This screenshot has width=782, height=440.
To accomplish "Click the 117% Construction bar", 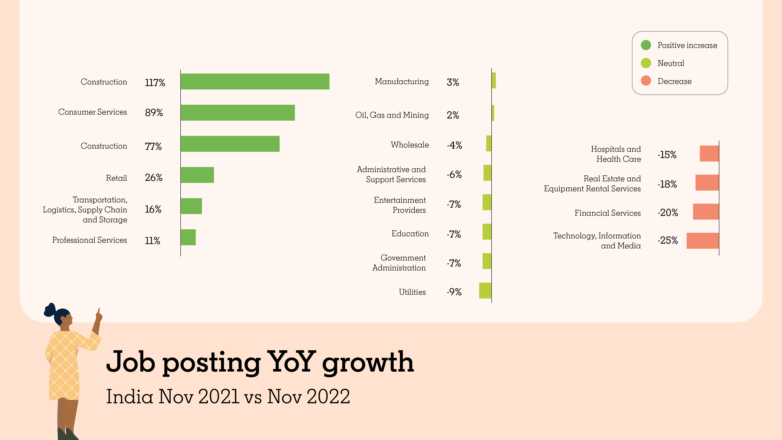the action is (255, 81).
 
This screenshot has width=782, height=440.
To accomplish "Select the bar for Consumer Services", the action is (238, 113).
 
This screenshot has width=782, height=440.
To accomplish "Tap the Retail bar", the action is (197, 175).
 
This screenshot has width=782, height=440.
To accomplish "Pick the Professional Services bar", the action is (188, 237).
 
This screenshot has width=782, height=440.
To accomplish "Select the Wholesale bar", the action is (489, 143).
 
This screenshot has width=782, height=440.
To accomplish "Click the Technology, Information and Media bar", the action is (703, 241).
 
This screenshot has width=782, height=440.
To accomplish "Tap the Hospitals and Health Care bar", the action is (709, 153).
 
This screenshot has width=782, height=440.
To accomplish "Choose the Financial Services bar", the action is (706, 212).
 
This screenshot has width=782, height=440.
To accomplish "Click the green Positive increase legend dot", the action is (646, 45).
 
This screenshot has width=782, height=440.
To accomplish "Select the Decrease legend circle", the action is (646, 81).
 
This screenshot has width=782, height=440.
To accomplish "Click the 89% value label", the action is (154, 113).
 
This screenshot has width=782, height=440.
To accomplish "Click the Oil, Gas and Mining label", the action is (392, 115).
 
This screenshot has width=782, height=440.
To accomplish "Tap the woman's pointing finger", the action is (99, 311).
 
